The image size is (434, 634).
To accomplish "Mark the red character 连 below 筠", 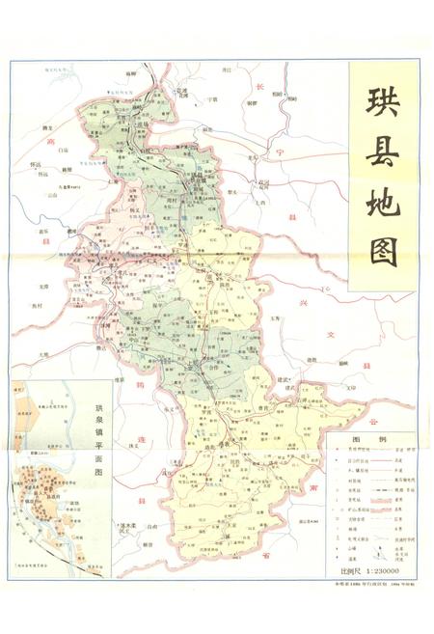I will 142,441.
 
